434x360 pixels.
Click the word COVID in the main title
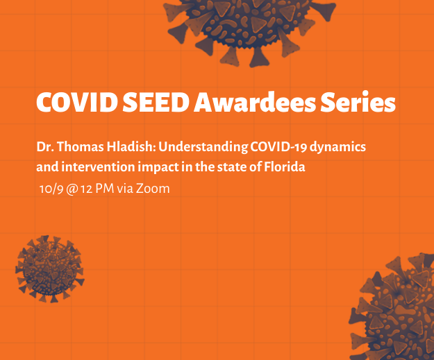pyautogui.click(x=76, y=102)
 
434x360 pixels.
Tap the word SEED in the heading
pyautogui.click(x=156, y=102)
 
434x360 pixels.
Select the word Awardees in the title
pyautogui.click(x=255, y=102)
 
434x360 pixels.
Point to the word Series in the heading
pyautogui.click(x=358, y=101)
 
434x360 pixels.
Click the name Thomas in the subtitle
pyautogui.click(x=81, y=146)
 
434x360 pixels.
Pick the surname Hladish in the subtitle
pyautogui.click(x=130, y=146)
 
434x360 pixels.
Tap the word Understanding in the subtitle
pyautogui.click(x=203, y=147)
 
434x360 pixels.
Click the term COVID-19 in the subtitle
pyautogui.click(x=278, y=147)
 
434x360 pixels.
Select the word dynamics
pyautogui.click(x=337, y=147)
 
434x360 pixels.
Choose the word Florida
pyautogui.click(x=284, y=166)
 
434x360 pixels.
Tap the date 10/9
pyautogui.click(x=51, y=189)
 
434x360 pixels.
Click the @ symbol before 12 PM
pyautogui.click(x=72, y=189)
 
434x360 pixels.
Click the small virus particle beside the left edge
pyautogui.click(x=50, y=268)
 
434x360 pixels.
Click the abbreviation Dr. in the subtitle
pyautogui.click(x=45, y=146)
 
